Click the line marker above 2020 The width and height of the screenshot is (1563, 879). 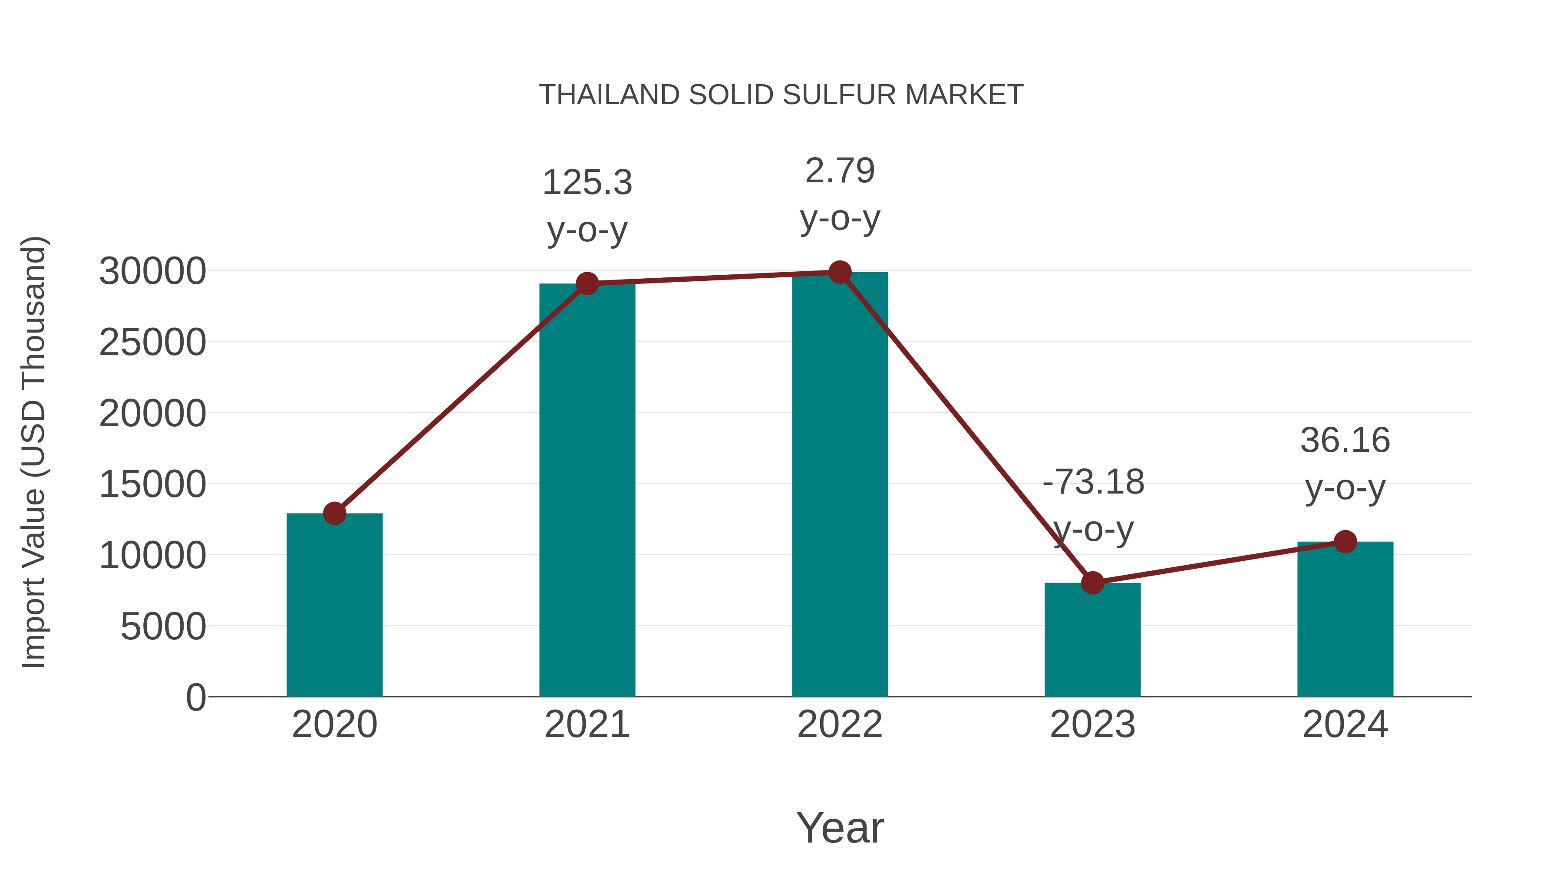334,513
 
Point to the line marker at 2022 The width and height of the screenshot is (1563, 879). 840,272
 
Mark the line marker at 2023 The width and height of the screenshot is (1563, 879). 1092,583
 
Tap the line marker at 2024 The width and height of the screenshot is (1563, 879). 1345,542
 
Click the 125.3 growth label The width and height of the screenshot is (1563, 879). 587,183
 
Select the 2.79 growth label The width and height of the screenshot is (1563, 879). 840,171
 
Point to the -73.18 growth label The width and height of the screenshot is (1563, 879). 1093,482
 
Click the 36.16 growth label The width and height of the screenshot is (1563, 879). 1345,441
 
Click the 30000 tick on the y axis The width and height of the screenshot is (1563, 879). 152,271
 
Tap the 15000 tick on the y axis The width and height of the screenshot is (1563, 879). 152,485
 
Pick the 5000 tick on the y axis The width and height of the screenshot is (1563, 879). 163,627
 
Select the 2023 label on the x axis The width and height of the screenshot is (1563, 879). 1092,724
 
